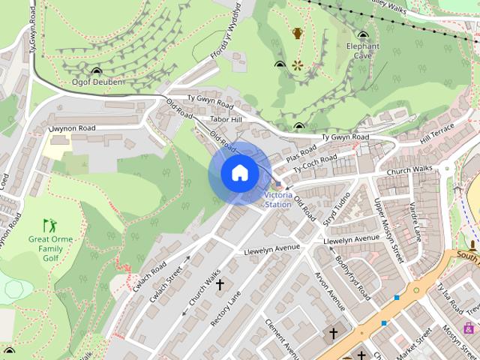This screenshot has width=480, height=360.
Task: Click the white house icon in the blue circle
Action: click(239, 173)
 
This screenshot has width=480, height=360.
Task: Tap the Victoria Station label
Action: click(278, 199)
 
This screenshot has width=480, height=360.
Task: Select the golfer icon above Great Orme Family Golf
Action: click(49, 224)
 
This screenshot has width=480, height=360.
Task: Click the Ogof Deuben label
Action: click(97, 82)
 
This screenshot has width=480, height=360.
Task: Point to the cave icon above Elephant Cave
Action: click(363, 35)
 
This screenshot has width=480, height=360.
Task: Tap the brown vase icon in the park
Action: click(298, 33)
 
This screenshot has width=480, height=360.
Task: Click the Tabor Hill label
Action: click(226, 120)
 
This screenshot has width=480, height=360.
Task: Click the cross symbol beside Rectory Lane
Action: click(220, 285)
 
